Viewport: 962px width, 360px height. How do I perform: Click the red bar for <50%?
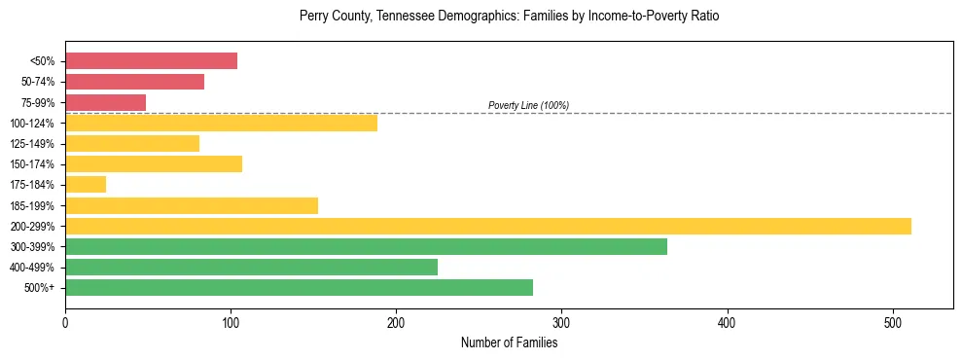coord(151,61)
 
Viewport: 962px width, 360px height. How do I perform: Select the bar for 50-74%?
coord(134,82)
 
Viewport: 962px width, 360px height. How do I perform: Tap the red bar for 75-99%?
coord(105,102)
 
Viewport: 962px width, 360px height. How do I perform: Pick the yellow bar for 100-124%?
coord(221,123)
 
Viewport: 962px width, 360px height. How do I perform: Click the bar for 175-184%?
coord(86,185)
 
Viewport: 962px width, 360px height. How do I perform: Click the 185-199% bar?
coord(192,205)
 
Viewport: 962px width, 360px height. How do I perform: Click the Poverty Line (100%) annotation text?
coord(528,105)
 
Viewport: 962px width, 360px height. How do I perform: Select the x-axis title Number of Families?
coord(509,342)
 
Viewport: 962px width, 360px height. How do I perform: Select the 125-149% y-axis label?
coord(32,144)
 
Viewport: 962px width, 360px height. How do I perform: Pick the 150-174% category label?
coord(32,164)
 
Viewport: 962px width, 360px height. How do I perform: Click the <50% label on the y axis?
coord(42,61)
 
